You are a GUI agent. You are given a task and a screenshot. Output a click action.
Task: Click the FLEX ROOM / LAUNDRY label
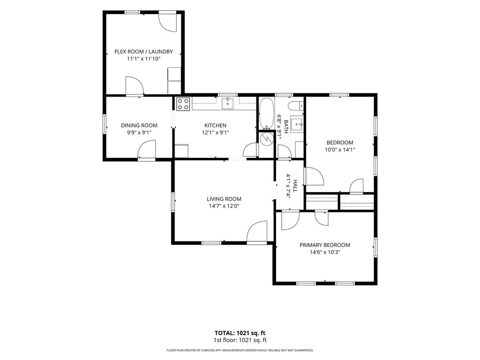pyautogui.click(x=143, y=52)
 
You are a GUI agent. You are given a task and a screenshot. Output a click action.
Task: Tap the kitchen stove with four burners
pyautogui.click(x=183, y=104)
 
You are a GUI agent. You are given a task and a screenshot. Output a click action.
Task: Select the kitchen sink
pyautogui.click(x=227, y=104)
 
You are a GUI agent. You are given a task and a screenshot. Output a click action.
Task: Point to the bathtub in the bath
pyautogui.click(x=267, y=113)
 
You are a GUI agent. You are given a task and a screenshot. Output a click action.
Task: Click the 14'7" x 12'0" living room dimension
pyautogui.click(x=224, y=206)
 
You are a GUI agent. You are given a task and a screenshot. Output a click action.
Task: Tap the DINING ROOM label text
pyautogui.click(x=139, y=125)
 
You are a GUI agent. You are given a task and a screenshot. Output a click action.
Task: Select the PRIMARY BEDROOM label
pyautogui.click(x=325, y=245)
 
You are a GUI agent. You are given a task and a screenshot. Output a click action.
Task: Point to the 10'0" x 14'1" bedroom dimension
pyautogui.click(x=340, y=150)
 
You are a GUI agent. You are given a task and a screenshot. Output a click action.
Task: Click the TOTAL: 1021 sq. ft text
pyautogui.click(x=240, y=333)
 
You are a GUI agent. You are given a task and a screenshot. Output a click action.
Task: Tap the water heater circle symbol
pyautogui.click(x=266, y=139)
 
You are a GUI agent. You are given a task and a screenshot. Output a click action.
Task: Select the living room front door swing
pyautogui.click(x=257, y=232)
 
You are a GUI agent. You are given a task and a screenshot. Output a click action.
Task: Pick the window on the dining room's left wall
pyautogui.click(x=105, y=124)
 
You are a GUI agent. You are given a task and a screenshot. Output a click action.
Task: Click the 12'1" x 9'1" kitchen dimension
pyautogui.click(x=216, y=133)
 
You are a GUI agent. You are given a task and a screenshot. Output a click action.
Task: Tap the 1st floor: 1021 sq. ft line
pyautogui.click(x=240, y=340)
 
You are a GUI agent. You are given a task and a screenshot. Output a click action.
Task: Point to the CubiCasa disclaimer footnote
pyautogui.click(x=240, y=350)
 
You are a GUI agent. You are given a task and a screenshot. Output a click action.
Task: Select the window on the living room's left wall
pyautogui.click(x=173, y=202)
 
